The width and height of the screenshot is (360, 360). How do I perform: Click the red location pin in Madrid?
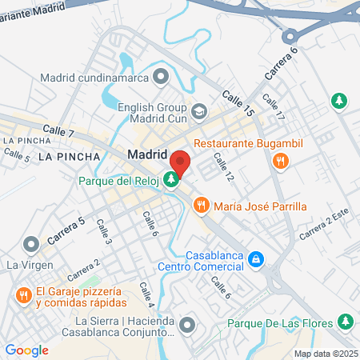[x=180, y=162]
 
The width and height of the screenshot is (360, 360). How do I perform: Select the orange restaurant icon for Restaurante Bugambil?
[x=279, y=161]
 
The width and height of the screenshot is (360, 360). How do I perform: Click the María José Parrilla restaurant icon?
[x=201, y=206]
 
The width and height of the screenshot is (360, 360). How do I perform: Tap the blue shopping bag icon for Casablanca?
[x=255, y=259]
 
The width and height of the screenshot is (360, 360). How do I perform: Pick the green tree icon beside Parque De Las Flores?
[x=346, y=322]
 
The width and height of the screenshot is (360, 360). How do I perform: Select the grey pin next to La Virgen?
[x=31, y=243]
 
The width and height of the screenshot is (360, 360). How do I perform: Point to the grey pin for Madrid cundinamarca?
[x=162, y=77]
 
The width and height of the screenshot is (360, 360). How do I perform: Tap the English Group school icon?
[x=199, y=110]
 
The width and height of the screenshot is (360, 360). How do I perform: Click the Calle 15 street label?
[x=238, y=103]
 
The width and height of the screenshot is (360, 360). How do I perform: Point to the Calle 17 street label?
[x=274, y=110]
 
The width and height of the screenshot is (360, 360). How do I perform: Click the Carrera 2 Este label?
[x=325, y=229]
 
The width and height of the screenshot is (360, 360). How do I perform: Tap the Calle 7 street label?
[x=58, y=130]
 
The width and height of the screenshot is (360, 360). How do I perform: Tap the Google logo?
[x=26, y=350]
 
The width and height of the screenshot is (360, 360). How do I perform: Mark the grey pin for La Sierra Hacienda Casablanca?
[x=186, y=324]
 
